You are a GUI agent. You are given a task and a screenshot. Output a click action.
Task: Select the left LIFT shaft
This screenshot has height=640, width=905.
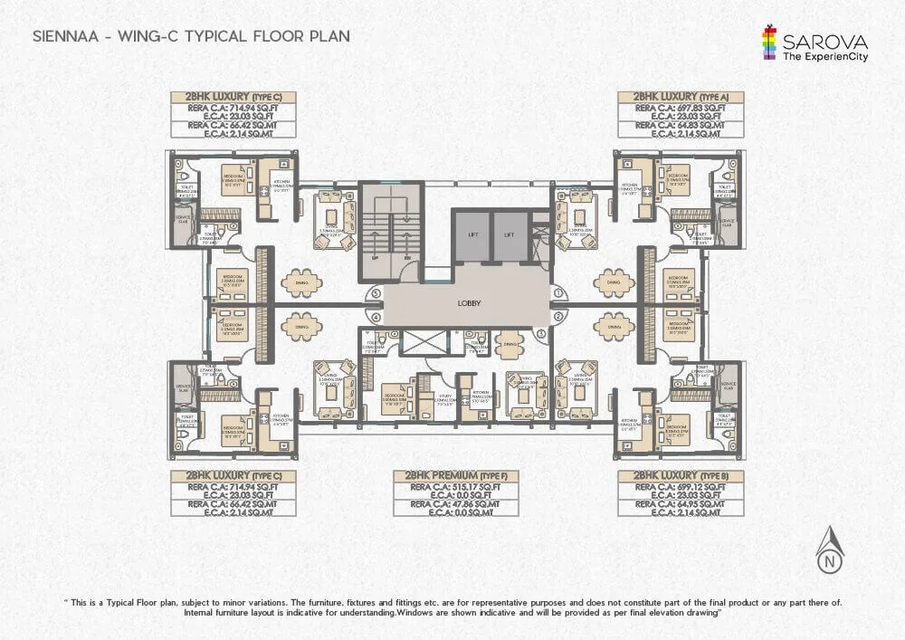click(472, 234)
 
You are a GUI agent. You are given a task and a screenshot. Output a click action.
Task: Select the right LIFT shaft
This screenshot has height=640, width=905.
click(509, 234)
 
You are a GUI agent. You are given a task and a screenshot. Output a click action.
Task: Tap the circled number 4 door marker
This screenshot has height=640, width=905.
click(376, 318)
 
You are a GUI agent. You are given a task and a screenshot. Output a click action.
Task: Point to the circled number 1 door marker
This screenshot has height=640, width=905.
click(559, 292)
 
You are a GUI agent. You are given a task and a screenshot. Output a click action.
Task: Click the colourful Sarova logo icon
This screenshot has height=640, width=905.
click(770, 43)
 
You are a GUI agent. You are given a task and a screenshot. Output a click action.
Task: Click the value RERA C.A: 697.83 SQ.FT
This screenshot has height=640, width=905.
click(681, 108)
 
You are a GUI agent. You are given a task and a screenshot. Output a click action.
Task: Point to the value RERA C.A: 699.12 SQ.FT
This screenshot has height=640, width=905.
click(681, 486)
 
